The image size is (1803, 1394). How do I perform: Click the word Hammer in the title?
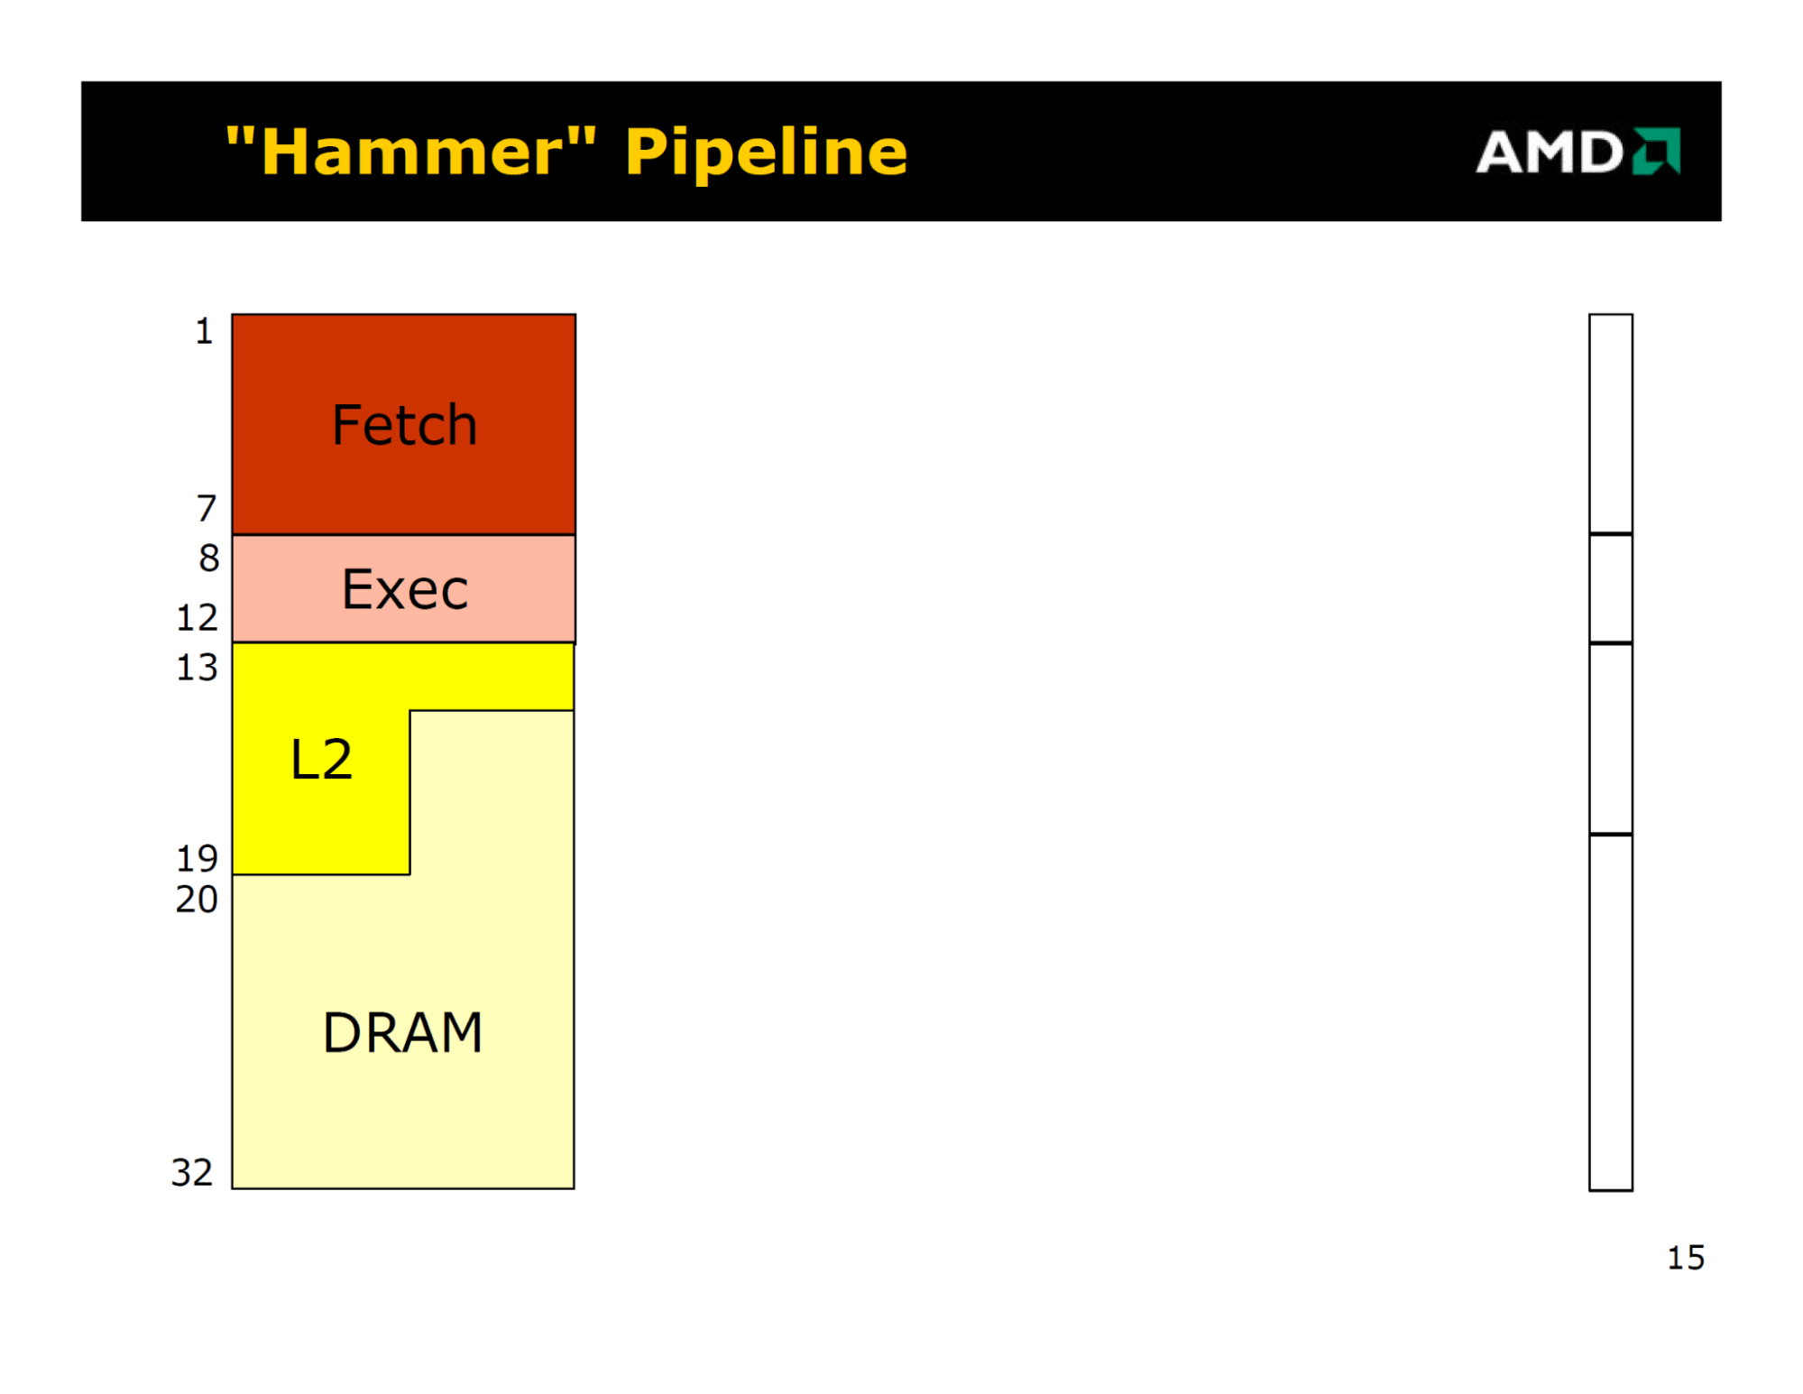[411, 151]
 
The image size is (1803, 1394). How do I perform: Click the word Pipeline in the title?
[766, 151]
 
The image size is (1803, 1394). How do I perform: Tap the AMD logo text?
[1550, 152]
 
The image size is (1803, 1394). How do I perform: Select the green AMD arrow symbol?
[1656, 151]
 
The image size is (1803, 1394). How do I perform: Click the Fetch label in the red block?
[404, 424]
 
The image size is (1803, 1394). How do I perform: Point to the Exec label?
[405, 589]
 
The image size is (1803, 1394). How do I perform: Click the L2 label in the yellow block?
[321, 759]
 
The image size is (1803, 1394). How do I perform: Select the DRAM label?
[403, 1032]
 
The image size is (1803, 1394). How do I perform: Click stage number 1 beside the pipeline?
[205, 331]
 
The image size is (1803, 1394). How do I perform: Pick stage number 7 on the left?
[207, 508]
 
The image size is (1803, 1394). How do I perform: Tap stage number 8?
[209, 558]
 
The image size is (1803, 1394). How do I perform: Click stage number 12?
[197, 617]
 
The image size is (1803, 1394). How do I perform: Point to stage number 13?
[197, 667]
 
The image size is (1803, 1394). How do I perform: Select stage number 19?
[197, 858]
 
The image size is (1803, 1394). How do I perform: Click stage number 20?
[197, 899]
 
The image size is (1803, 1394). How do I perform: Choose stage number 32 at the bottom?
[192, 1172]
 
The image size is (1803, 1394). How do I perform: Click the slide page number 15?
[1686, 1258]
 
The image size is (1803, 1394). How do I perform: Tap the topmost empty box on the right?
[1611, 424]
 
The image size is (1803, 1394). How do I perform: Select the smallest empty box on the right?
[1611, 588]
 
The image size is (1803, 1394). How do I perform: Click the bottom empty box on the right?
[1611, 1012]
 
